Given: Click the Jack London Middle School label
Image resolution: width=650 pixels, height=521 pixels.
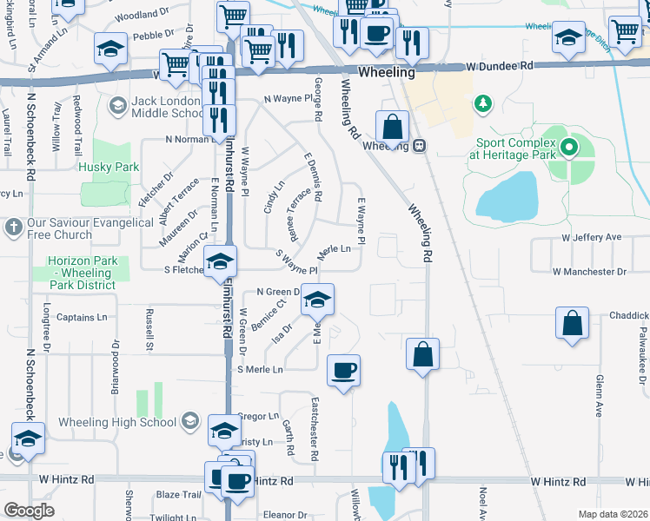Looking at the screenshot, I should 168,108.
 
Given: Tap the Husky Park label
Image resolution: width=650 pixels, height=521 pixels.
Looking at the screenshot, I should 109,167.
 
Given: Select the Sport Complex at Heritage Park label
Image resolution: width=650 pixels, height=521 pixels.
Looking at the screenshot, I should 511,148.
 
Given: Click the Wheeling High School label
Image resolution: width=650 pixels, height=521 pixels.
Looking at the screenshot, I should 116,423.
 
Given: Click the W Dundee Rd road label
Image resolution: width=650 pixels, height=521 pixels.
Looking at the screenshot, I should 499,66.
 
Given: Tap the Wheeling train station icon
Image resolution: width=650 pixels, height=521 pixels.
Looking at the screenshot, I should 419,145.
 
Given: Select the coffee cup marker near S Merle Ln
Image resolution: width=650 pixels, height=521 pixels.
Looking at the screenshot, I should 343,371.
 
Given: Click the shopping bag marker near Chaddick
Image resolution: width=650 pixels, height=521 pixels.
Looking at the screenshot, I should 573,323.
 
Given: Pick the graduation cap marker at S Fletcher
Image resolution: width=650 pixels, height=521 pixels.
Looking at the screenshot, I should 220,262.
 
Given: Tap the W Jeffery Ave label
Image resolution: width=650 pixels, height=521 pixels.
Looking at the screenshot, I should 592,237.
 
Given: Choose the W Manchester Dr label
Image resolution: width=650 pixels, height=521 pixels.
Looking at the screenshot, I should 589,272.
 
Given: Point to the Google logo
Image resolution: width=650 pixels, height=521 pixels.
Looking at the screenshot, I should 29,511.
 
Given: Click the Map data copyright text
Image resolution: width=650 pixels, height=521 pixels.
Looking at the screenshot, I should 612,514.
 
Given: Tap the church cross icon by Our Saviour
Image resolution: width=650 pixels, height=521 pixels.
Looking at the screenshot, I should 12,228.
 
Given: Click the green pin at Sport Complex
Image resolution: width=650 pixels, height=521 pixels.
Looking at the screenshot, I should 569,147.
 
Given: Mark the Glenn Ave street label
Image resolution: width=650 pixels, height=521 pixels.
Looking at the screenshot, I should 600,396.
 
